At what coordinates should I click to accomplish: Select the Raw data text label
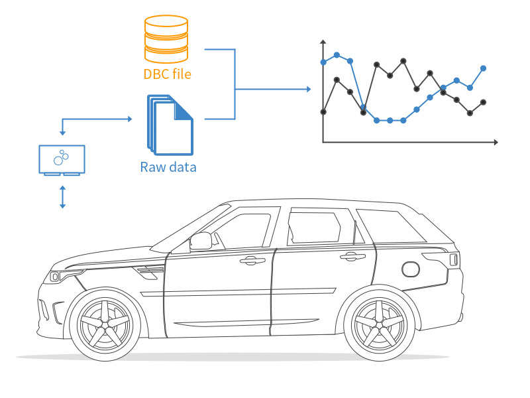168,167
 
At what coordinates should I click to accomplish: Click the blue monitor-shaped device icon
62,160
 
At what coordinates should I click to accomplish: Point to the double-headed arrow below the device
62,197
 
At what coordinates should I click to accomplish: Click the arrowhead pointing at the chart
307,89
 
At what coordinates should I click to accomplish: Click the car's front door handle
252,260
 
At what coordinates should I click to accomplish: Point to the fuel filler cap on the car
411,269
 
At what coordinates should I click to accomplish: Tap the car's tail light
454,259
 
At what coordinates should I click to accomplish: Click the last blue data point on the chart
484,68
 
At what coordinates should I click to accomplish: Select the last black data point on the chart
484,102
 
